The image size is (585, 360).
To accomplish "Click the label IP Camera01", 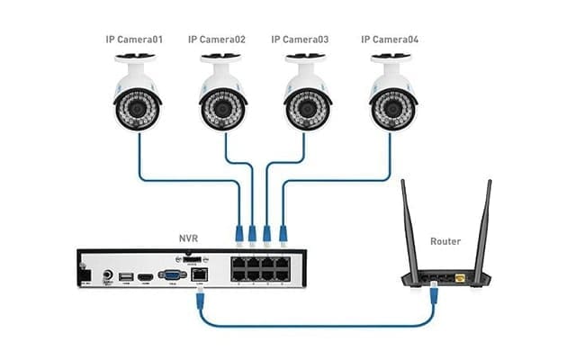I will pyautogui.click(x=136, y=40).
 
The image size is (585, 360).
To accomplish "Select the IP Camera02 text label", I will pyautogui.click(x=217, y=40).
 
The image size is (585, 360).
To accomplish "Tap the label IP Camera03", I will pyautogui.click(x=301, y=40).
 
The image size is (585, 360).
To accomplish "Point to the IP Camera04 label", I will pyautogui.click(x=390, y=40).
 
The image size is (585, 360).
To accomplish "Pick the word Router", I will pyautogui.click(x=445, y=241).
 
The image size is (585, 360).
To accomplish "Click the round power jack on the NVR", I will pyautogui.click(x=108, y=275).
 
